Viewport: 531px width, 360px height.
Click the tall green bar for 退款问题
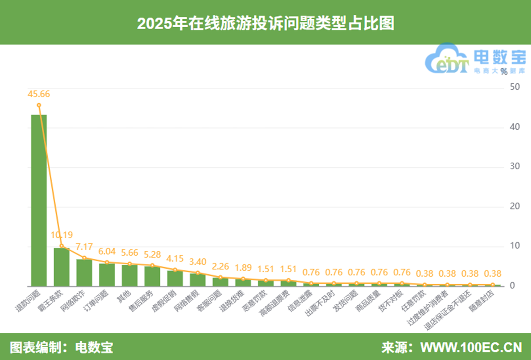pyautogui.click(x=39, y=200)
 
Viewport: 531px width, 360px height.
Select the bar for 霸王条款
pyautogui.click(x=61, y=267)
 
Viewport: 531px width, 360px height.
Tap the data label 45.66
pyautogui.click(x=39, y=94)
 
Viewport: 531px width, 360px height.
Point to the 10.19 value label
pyautogui.click(x=62, y=235)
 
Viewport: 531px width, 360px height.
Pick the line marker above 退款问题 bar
pyautogui.click(x=39, y=105)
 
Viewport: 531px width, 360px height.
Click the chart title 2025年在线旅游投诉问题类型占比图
pyautogui.click(x=265, y=23)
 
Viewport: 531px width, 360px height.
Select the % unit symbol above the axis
pyautogui.click(x=503, y=71)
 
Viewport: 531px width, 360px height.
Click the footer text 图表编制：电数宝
pyautogui.click(x=61, y=348)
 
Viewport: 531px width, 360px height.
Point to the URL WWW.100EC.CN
pyautogui.click(x=471, y=348)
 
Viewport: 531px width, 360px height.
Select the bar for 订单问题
pyautogui.click(x=107, y=274)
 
